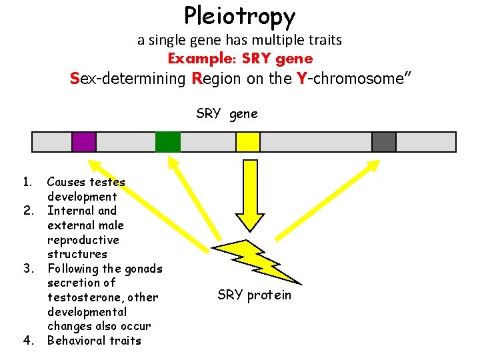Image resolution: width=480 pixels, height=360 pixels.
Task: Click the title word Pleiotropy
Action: click(239, 16)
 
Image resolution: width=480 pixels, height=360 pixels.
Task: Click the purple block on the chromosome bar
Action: click(84, 142)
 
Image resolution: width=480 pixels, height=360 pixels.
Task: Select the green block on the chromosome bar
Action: click(167, 142)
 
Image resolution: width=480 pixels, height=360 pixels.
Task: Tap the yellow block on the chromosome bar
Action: click(248, 142)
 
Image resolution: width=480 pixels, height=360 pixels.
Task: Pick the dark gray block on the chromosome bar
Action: click(384, 142)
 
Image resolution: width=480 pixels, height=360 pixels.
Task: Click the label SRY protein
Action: click(254, 295)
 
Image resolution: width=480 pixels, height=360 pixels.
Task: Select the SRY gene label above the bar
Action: click(227, 113)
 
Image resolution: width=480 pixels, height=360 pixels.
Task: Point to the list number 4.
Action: click(28, 341)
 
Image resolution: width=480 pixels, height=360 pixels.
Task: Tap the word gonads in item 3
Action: click(143, 269)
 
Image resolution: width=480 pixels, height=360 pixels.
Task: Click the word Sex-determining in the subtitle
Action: click(127, 79)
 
